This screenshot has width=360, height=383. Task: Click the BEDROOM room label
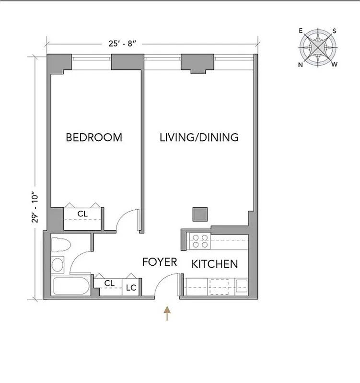pos(94,138)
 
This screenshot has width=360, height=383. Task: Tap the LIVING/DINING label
pos(199,138)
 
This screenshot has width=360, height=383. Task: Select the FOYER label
pos(160,262)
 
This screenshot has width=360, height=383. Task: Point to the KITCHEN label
pos(215,264)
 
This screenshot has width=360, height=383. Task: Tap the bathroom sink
pos(58,264)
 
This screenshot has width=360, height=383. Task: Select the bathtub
pos(70,286)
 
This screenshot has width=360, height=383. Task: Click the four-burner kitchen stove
pos(198,240)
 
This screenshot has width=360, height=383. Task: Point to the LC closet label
pos(130,288)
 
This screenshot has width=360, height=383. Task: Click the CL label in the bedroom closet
pos(82,214)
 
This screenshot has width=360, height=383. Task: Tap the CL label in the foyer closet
pos(109,283)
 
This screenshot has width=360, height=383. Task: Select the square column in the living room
pos(200,214)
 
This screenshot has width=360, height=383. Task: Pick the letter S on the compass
pos(334,31)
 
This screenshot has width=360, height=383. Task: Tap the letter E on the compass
pos(301,31)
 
